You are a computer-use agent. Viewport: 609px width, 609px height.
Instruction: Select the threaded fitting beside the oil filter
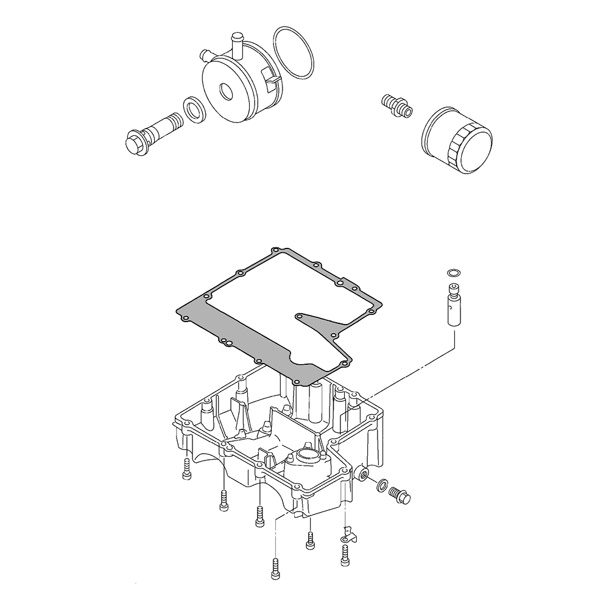click(396, 105)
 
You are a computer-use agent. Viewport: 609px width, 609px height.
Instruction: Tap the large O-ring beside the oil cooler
click(294, 53)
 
